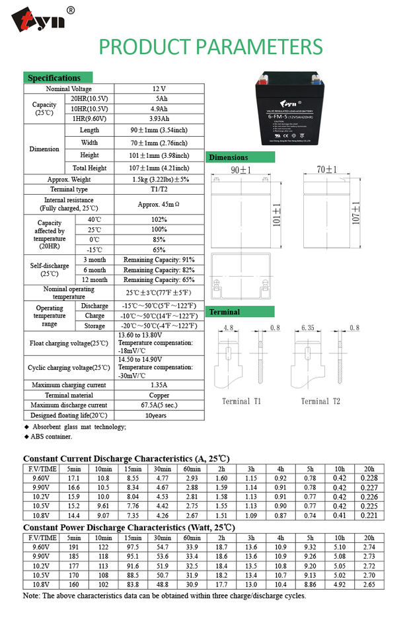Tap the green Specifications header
tap(57, 77)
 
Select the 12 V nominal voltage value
tap(159, 88)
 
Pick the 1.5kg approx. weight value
tap(159, 179)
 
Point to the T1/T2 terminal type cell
tap(159, 190)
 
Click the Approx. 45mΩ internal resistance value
tap(159, 203)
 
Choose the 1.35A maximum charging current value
tap(159, 384)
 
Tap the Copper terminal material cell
tap(159, 395)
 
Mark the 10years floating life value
tap(159, 415)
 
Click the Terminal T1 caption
tap(241, 401)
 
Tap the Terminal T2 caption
tap(320, 401)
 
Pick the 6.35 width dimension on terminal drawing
tap(308, 327)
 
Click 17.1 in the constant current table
tap(74, 477)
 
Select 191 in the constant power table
tap(74, 547)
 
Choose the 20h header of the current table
tap(369, 468)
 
